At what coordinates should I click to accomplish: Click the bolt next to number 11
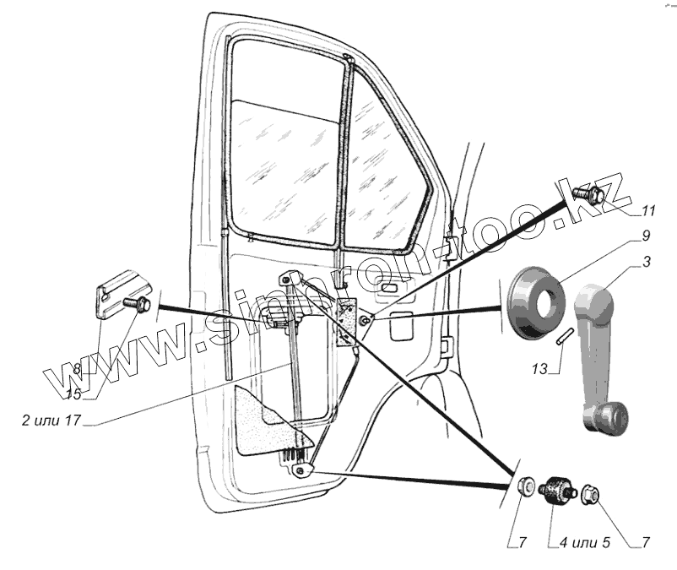coord(588,194)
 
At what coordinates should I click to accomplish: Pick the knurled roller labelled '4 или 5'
coord(555,490)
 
